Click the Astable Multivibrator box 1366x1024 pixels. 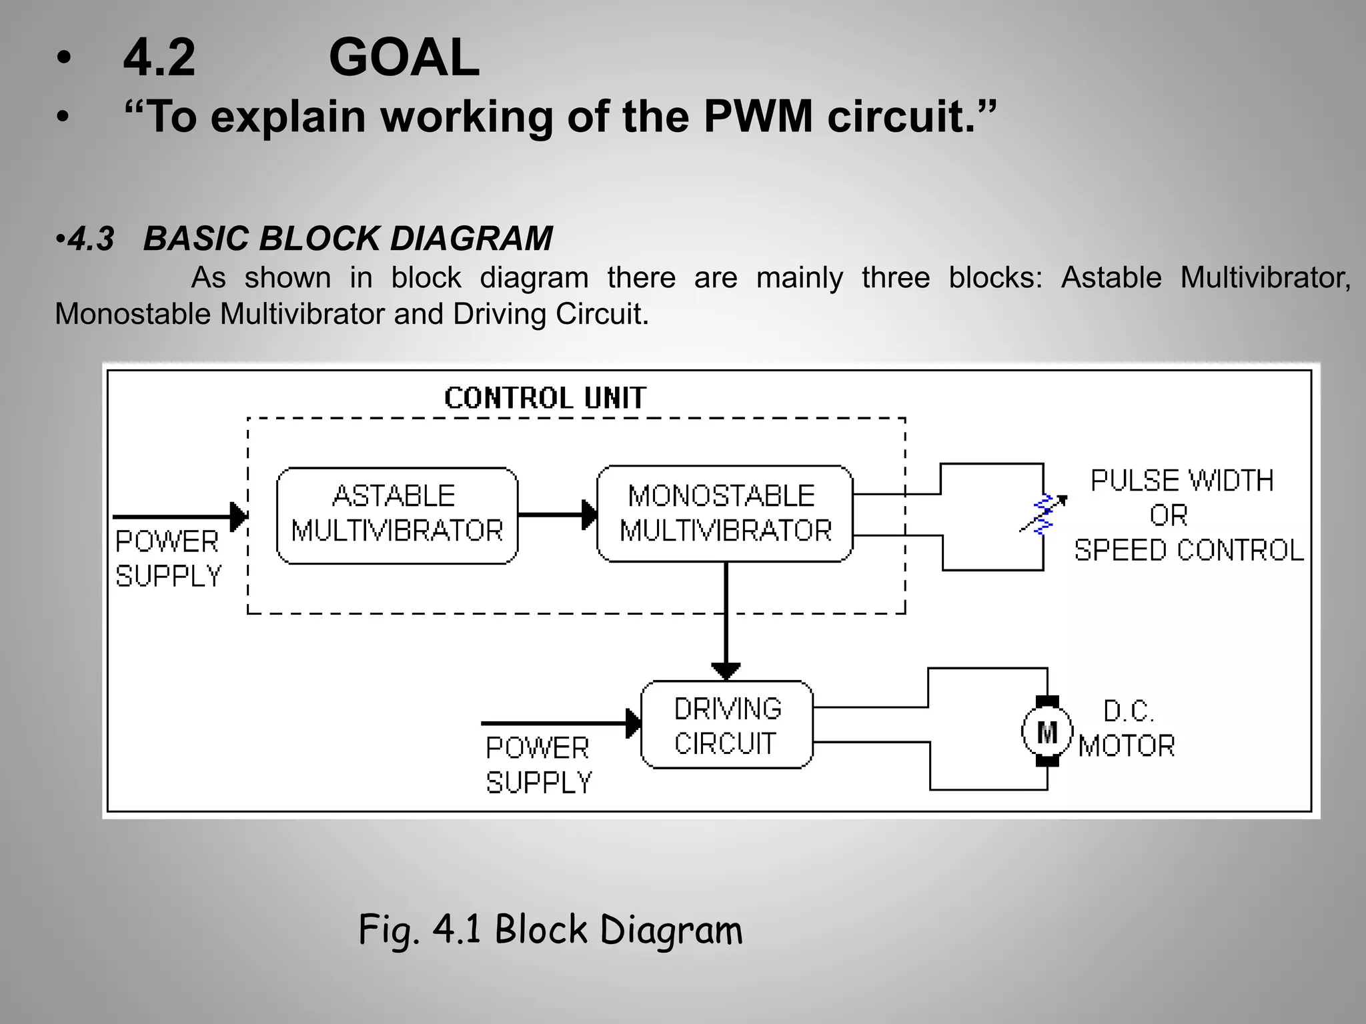coord(397,515)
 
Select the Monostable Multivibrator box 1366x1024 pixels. coord(724,513)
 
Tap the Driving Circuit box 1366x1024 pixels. coord(726,725)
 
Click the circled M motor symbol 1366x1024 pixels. coord(1047,731)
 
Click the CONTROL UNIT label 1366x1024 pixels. coord(545,398)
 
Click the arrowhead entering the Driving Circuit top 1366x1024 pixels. coord(726,670)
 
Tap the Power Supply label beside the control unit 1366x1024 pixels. coord(167,559)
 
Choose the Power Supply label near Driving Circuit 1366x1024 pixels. coord(538,765)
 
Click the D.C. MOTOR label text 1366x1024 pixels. coord(1127,729)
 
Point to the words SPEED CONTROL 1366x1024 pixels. coord(1189,551)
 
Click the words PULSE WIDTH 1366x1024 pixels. coord(1182,481)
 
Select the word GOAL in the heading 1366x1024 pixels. coord(404,58)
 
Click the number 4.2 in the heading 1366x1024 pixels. coord(159,58)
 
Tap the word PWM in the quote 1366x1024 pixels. coord(758,117)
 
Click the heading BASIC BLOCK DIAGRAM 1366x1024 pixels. coord(348,239)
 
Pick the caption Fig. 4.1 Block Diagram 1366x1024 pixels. coord(550,929)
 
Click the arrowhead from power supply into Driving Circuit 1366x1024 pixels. coord(633,723)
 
